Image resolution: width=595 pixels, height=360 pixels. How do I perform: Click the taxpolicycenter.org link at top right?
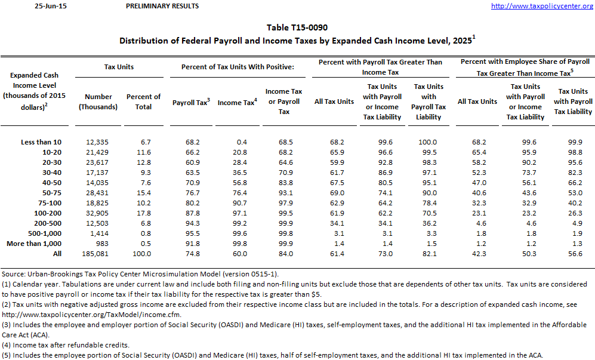(x=541, y=6)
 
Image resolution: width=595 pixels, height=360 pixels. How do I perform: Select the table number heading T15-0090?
(x=297, y=27)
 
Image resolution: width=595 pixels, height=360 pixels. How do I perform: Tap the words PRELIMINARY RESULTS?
(x=163, y=6)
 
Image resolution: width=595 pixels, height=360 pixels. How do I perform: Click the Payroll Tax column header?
(x=191, y=102)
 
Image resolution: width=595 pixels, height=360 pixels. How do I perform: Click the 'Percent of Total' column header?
(x=143, y=101)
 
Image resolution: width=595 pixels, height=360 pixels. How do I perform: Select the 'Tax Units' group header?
(x=119, y=66)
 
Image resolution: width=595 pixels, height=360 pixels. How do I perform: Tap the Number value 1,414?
(x=100, y=233)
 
